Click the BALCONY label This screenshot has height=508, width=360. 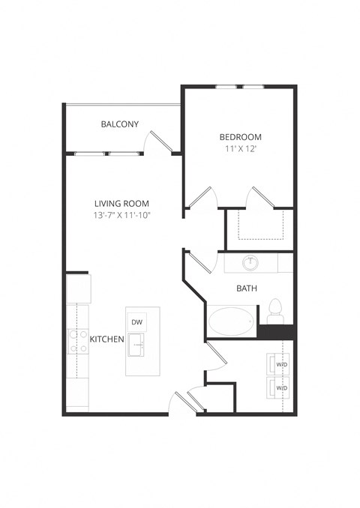click(119, 124)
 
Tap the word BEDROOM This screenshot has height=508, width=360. click(240, 136)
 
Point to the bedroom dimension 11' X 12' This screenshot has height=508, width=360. click(240, 149)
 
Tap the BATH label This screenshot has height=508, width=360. click(247, 288)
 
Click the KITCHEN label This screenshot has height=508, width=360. click(106, 339)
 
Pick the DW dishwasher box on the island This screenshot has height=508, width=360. click(137, 322)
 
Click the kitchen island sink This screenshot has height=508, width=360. click(137, 345)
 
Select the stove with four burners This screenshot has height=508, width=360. click(78, 341)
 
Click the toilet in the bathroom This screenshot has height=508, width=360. click(274, 309)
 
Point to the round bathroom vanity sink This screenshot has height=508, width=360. click(250, 264)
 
